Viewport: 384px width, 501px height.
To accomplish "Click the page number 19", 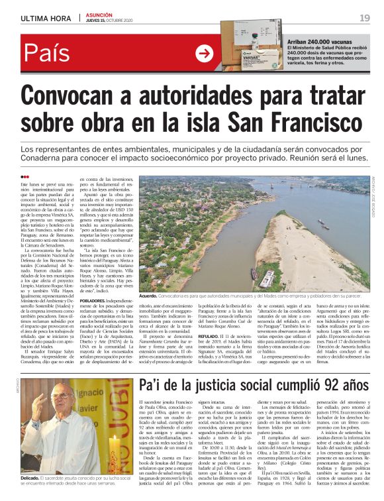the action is click(364, 18).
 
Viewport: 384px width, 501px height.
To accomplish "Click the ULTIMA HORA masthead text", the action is click(46, 18).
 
